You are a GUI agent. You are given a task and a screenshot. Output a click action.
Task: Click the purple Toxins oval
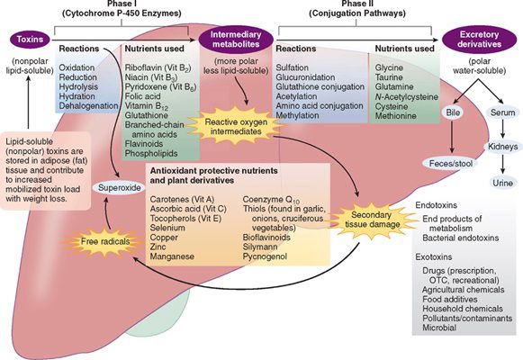pos(30,40)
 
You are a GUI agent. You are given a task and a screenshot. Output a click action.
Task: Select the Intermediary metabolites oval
pos(236,40)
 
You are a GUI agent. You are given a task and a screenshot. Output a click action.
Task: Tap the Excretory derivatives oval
pos(479,40)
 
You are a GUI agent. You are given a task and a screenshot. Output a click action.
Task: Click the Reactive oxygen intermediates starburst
pos(236,126)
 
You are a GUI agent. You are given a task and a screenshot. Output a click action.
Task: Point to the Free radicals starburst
pos(105,241)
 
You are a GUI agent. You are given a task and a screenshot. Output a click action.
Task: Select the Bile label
pos(453,112)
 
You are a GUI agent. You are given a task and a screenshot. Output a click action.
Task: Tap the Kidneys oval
pos(502,147)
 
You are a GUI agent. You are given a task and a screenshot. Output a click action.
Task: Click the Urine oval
pos(502,183)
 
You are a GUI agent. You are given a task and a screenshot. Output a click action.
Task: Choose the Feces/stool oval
pos(451,164)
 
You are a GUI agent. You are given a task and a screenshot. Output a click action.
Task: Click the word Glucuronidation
pos(305,77)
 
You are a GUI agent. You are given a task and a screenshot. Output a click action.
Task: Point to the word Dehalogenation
pos(88,106)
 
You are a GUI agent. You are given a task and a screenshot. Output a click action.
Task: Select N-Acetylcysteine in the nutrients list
pos(407,97)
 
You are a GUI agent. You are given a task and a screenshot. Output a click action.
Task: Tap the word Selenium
pos(167,228)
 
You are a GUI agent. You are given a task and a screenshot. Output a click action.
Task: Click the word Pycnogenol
pos(265,256)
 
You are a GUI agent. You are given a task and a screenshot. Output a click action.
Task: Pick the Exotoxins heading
pos(434,257)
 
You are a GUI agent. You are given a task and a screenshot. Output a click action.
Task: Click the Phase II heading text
pos(357,4)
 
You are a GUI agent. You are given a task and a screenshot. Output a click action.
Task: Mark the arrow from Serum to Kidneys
pos(502,129)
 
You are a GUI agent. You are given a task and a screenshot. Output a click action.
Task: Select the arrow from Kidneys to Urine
pos(502,165)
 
